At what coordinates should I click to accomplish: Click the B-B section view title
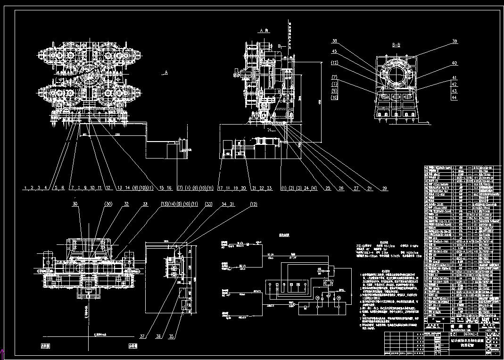coord(396,46)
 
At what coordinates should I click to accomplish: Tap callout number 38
coord(335,41)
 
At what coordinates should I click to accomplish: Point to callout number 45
coord(335,51)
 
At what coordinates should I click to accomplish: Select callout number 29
coord(385,189)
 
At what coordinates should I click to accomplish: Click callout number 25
coord(328,189)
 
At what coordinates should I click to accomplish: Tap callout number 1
coord(25,188)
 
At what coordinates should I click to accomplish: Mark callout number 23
coord(270,188)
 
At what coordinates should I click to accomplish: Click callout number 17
coord(220,188)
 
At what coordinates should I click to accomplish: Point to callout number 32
coord(126,204)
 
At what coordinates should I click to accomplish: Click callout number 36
coord(158,337)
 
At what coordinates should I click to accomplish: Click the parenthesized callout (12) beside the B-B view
coord(335,63)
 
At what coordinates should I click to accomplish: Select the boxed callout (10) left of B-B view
coord(335,98)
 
